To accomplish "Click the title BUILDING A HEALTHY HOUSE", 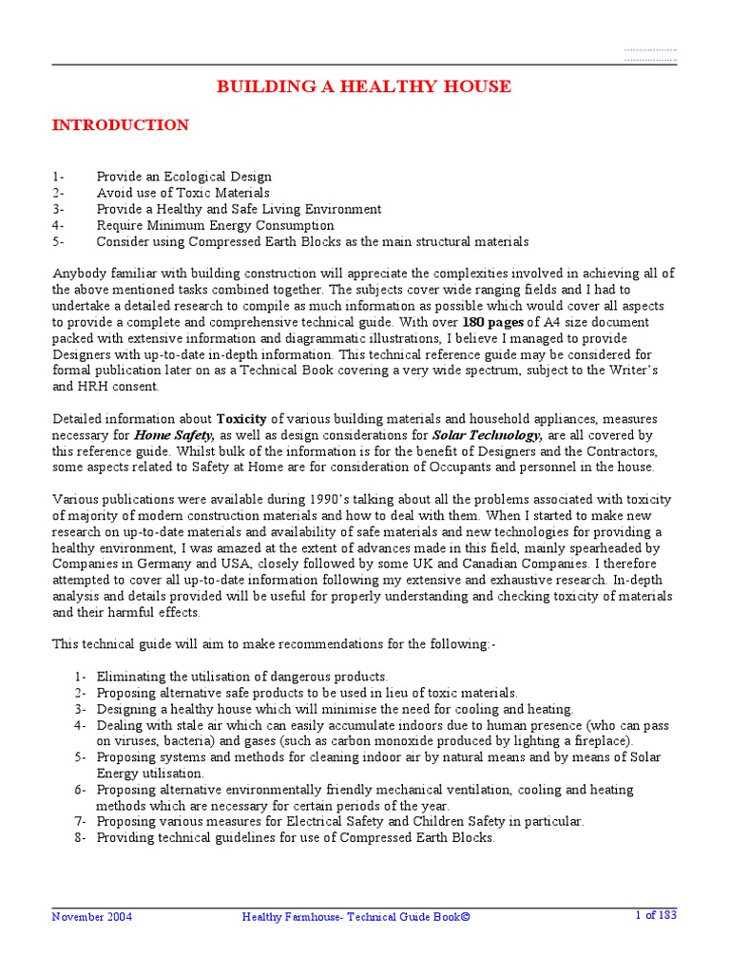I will coord(364,87).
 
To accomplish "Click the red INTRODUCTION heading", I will coord(120,125).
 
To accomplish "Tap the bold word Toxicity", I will coord(241,419).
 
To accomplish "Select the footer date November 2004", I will coord(92,917).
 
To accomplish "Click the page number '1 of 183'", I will coord(656,916).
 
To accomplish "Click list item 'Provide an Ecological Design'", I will coord(183,177).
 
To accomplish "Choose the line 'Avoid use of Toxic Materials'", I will coord(182,193).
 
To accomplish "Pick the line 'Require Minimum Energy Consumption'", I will coord(215,225).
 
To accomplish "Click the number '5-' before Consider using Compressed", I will coord(58,241).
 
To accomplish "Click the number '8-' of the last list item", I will coord(80,837).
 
